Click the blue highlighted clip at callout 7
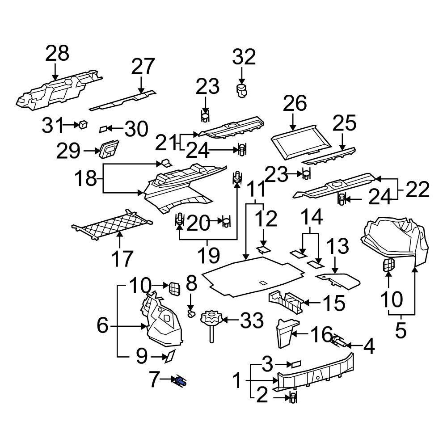click(181, 382)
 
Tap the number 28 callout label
click(57, 53)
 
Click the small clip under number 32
click(241, 90)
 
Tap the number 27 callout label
click(143, 67)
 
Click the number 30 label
click(136, 129)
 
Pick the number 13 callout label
click(339, 247)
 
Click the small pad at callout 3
click(296, 364)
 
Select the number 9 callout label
click(141, 356)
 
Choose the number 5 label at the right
click(401, 331)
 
